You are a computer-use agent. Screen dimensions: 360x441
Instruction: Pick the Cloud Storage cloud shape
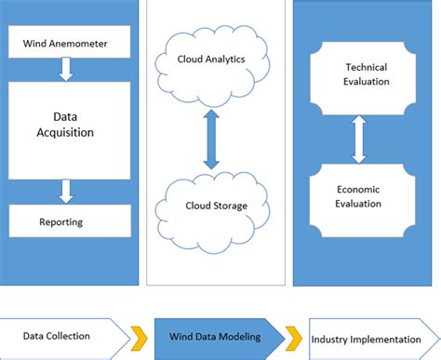[x=213, y=204]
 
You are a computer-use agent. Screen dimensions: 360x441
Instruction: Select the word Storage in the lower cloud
[x=230, y=205]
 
